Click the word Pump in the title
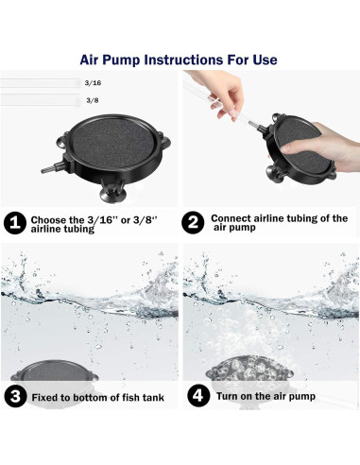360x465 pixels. tap(119, 60)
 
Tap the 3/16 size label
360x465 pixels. tap(93, 83)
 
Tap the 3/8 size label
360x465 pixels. tap(93, 99)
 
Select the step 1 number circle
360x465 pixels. tap(14, 223)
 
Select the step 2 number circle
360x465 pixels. tap(193, 223)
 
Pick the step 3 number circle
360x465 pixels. tap(14, 397)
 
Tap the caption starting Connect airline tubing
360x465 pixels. tap(277, 223)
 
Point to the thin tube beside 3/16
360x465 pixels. tap(38, 82)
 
